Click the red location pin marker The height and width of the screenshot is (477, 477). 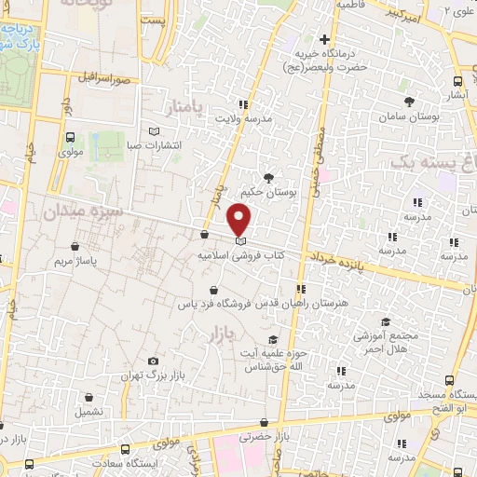pos(239,221)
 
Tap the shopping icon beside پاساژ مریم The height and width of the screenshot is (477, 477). pos(75,247)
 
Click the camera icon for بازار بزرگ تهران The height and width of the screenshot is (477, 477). pos(153,361)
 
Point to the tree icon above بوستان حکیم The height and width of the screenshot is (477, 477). pos(268,177)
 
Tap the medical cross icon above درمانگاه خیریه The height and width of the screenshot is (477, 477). pos(324,39)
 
